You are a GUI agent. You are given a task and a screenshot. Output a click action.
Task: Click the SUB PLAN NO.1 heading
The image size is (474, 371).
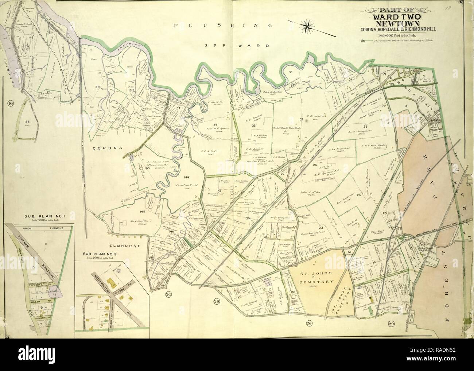coord(40,216)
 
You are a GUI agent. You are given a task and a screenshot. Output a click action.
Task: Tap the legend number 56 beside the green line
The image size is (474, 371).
coord(363,41)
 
